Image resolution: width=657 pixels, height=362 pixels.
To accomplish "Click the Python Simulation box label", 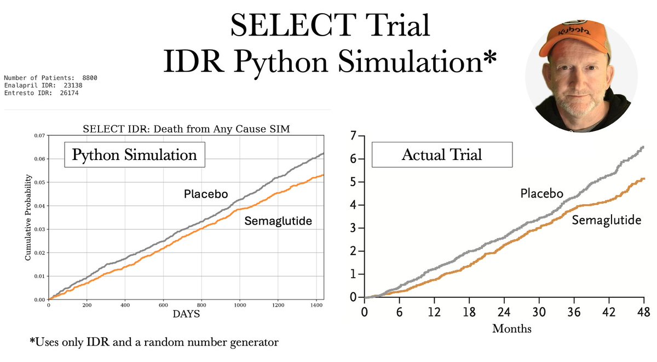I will click(x=135, y=154).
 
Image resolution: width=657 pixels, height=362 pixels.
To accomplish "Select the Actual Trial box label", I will click(x=442, y=154).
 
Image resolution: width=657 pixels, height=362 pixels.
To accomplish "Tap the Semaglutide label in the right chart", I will click(x=606, y=220).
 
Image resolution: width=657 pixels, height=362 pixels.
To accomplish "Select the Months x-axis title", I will click(x=511, y=329).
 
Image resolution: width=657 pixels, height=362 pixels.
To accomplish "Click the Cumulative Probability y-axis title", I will click(x=28, y=217).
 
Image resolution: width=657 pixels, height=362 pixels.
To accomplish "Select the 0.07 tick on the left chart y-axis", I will click(x=39, y=135).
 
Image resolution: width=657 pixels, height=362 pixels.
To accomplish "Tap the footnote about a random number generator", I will click(x=154, y=343).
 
